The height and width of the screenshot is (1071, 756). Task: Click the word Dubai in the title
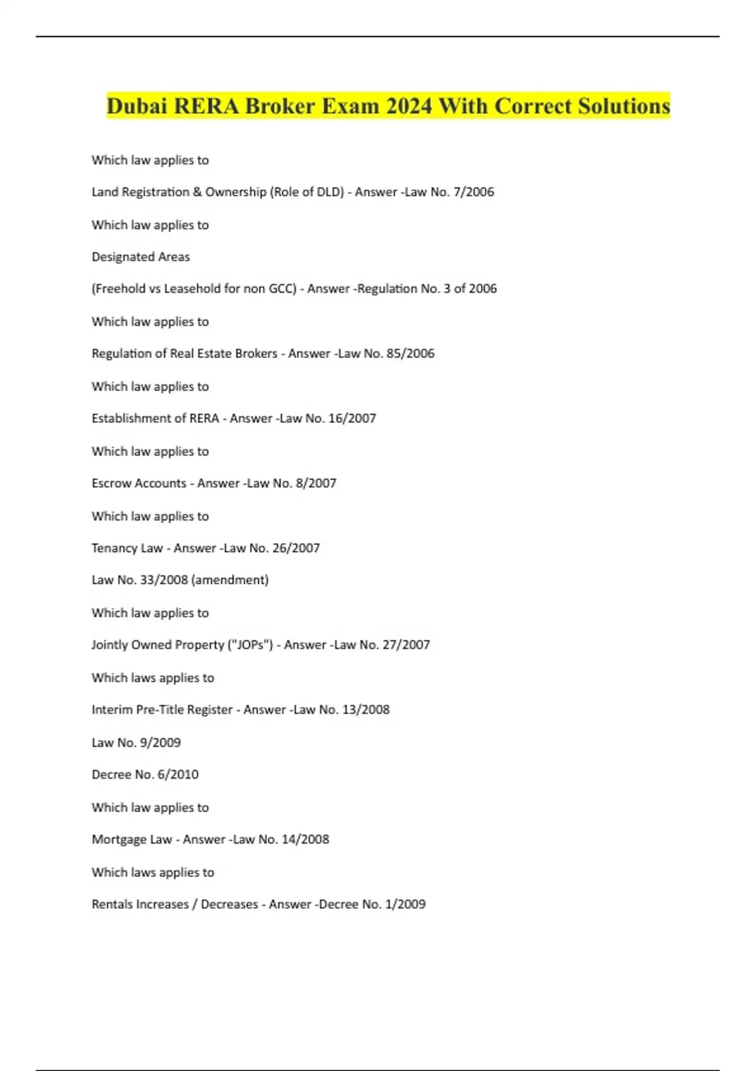(x=137, y=106)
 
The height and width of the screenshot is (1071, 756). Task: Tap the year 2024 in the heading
(x=409, y=106)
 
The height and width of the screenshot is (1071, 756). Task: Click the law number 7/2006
(x=473, y=192)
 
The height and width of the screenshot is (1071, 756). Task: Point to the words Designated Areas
(x=140, y=257)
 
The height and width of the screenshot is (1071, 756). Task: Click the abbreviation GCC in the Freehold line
(x=279, y=289)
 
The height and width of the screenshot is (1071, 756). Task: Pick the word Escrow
(x=111, y=483)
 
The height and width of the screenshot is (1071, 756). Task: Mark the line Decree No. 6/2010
(x=145, y=774)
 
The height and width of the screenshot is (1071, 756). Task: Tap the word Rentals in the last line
(x=113, y=904)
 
